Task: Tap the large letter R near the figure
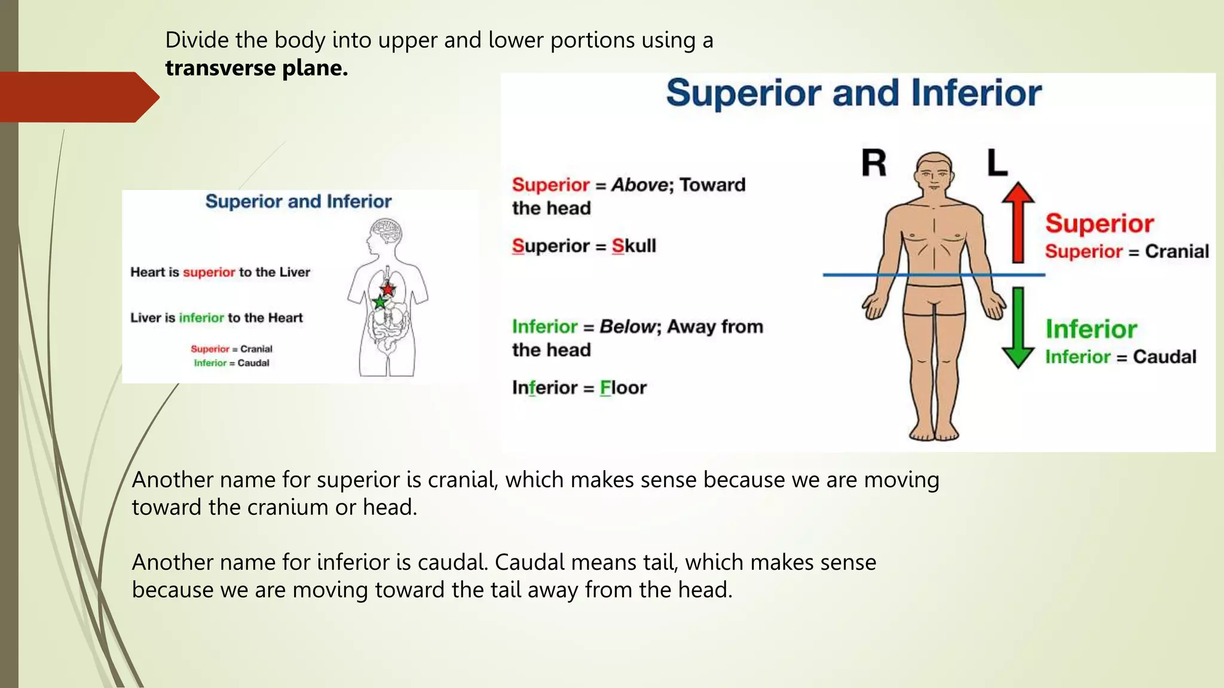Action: point(874,163)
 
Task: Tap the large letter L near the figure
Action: point(996,163)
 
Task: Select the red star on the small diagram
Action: point(388,290)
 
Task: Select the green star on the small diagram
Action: point(380,302)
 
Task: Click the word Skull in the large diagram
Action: point(634,246)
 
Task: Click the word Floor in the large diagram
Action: point(623,388)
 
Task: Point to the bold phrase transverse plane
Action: point(256,68)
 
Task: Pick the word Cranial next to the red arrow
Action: point(1177,251)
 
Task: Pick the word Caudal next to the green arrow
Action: point(1165,357)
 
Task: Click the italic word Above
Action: point(639,185)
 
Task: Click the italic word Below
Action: point(628,327)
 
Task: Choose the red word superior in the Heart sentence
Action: point(209,272)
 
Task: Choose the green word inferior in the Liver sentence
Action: point(201,318)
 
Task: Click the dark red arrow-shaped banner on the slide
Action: point(78,97)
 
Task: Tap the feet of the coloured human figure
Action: point(934,431)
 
